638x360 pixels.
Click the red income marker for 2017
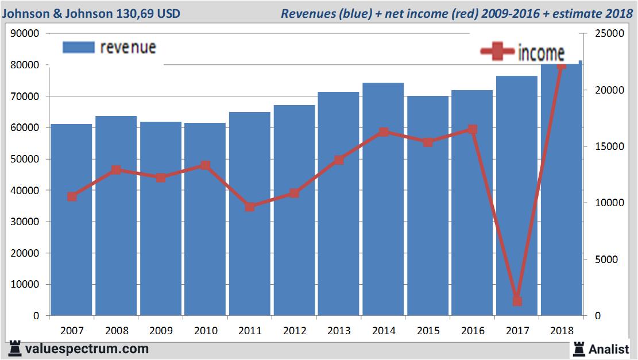pyautogui.click(x=517, y=301)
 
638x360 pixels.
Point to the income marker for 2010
pyautogui.click(x=205, y=165)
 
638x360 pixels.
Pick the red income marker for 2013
pyautogui.click(x=339, y=160)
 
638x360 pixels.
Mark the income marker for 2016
pyautogui.click(x=472, y=129)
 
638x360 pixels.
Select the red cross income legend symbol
pyautogui.click(x=497, y=52)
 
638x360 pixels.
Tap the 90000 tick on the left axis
pyautogui.click(x=25, y=34)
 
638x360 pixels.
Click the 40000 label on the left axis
pyautogui.click(x=25, y=191)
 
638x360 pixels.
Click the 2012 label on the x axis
pyautogui.click(x=294, y=331)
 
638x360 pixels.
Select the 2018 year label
pyautogui.click(x=561, y=331)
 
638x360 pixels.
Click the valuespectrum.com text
pyautogui.click(x=87, y=349)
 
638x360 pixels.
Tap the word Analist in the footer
pyautogui.click(x=608, y=349)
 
